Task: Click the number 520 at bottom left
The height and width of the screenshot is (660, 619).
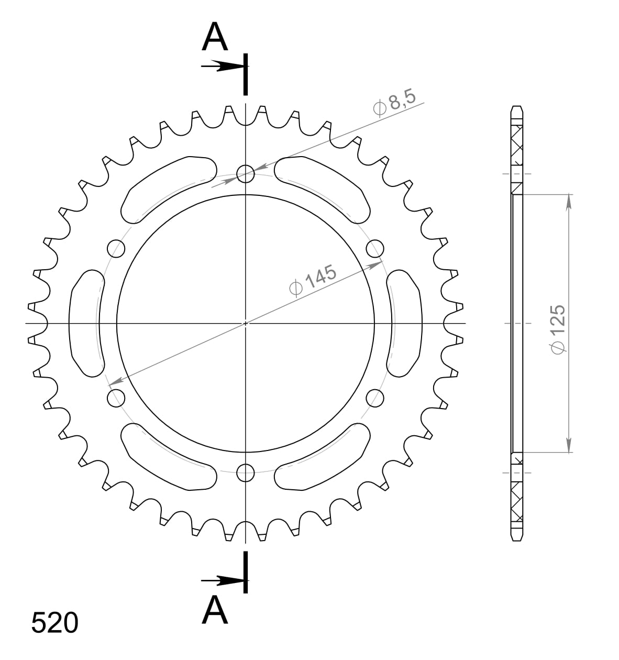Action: point(54,623)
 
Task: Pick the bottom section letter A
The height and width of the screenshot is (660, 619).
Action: point(215,611)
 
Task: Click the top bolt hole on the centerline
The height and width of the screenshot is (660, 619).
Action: point(245,173)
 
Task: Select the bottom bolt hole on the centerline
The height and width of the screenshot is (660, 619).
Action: point(245,473)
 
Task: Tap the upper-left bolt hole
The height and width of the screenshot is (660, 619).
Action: point(116,248)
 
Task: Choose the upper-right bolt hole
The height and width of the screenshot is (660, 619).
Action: point(375,248)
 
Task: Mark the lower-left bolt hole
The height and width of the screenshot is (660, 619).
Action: point(116,398)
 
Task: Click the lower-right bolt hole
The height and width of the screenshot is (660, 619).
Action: point(375,398)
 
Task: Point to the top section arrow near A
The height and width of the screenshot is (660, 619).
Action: point(223,67)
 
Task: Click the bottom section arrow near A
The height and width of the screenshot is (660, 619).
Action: point(223,580)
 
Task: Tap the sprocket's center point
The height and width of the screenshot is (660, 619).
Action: point(246,323)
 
